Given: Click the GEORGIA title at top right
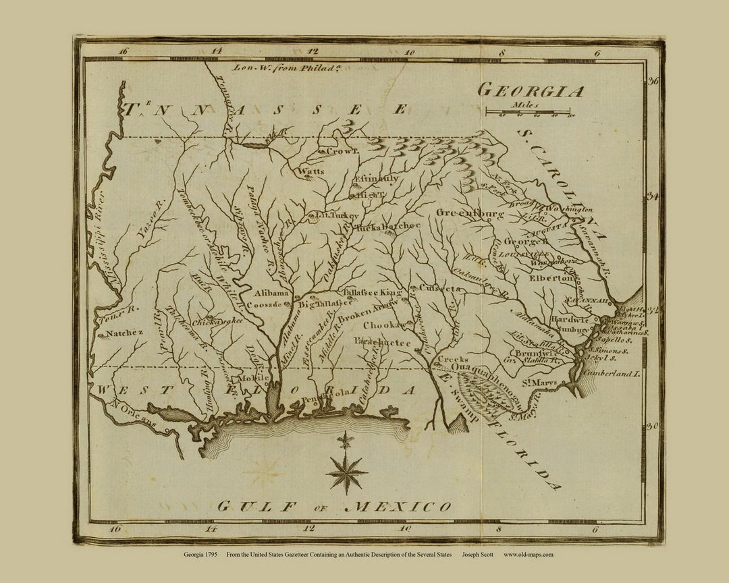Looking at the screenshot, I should (x=530, y=91).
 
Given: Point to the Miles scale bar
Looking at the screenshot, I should (x=527, y=111).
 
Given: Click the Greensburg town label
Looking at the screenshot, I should (x=470, y=214).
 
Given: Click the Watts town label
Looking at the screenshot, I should (x=311, y=171).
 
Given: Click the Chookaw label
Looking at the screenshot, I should (x=385, y=326).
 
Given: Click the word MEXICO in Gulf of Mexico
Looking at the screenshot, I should (x=398, y=506).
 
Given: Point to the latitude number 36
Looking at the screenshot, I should (x=653, y=81).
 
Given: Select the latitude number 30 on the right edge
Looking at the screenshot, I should (x=653, y=426).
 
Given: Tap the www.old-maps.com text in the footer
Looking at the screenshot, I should (x=529, y=555).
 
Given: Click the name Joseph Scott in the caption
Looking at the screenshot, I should (x=477, y=555).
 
